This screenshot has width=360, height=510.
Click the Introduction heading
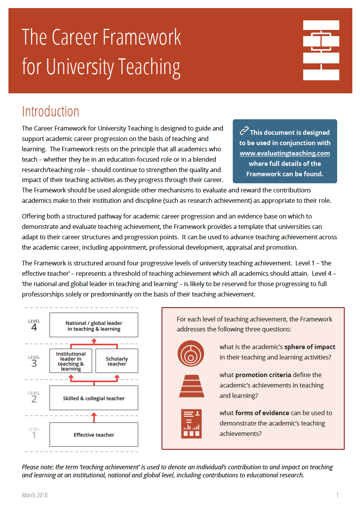click(x=50, y=111)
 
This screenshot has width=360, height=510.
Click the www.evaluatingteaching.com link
click(x=285, y=153)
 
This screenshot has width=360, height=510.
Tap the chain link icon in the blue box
click(x=244, y=131)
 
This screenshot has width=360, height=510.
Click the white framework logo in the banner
click(x=321, y=50)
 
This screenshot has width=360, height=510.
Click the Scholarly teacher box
click(x=117, y=361)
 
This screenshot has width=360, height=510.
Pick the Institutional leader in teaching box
click(x=71, y=361)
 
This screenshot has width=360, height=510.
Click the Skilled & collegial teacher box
click(x=94, y=398)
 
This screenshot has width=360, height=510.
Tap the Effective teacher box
click(x=94, y=435)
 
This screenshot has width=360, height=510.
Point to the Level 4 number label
click(x=34, y=327)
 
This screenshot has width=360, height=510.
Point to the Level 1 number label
click(x=34, y=435)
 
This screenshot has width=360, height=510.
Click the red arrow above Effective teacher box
click(x=94, y=417)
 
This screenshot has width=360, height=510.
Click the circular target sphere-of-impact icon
click(x=191, y=354)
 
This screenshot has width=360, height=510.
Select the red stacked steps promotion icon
click(x=192, y=386)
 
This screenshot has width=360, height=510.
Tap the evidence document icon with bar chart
click(x=192, y=424)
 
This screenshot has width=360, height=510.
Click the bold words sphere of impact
click(x=310, y=347)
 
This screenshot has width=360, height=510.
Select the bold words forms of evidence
click(x=262, y=413)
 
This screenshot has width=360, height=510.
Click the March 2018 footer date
click(x=35, y=495)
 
